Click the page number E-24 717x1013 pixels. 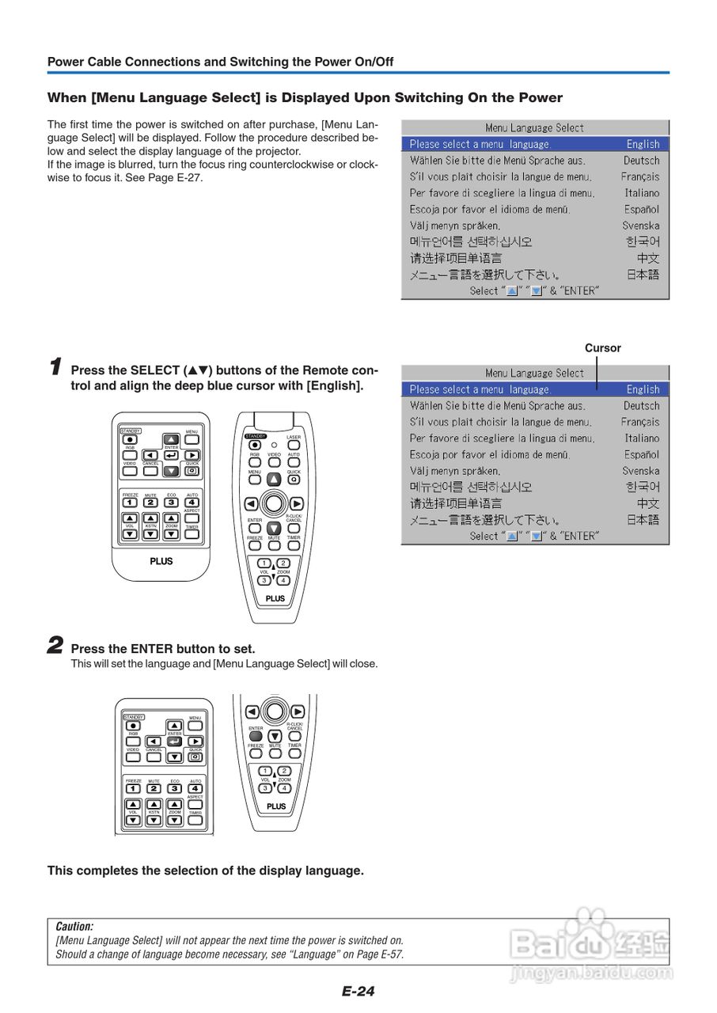pyautogui.click(x=358, y=991)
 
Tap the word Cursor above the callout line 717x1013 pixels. pyautogui.click(x=603, y=348)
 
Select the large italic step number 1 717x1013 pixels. pyautogui.click(x=55, y=367)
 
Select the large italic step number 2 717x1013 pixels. pyautogui.click(x=55, y=646)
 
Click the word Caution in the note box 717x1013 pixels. pyautogui.click(x=74, y=926)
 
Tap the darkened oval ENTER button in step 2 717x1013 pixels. pyautogui.click(x=256, y=737)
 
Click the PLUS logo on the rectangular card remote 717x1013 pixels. pyautogui.click(x=161, y=561)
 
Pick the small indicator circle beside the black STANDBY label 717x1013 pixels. pyautogui.click(x=274, y=445)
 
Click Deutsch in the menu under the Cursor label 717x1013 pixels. pyautogui.click(x=641, y=406)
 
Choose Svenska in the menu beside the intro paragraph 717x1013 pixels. pyautogui.click(x=641, y=226)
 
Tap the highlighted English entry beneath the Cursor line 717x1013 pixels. pyautogui.click(x=643, y=389)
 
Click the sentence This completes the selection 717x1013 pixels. pyautogui.click(x=206, y=871)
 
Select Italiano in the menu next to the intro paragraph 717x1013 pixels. pyautogui.click(x=641, y=193)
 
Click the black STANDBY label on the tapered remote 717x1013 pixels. pyautogui.click(x=256, y=436)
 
